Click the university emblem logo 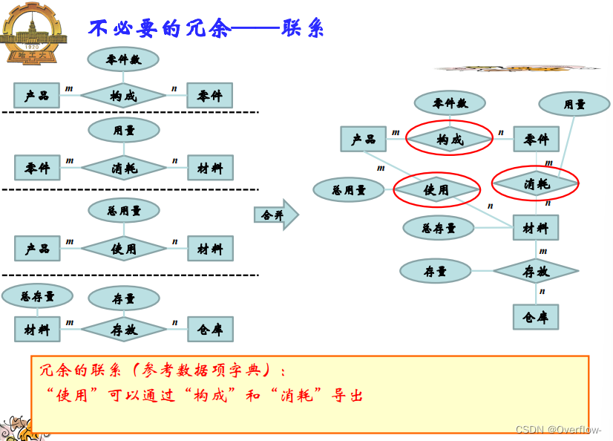tap(33, 33)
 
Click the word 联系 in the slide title tap(303, 28)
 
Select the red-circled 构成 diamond tap(449, 139)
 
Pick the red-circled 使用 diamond tap(436, 190)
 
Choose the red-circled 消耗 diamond tap(536, 183)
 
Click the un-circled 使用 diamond tap(124, 249)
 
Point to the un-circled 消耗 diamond tap(124, 169)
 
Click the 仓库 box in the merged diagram tap(535, 317)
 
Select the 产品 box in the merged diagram tap(363, 140)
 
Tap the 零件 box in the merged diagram tap(536, 140)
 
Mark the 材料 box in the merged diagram tap(535, 228)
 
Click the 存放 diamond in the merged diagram tap(535, 272)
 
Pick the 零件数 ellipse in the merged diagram tap(449, 103)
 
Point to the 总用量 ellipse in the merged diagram tap(348, 190)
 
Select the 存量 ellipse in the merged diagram tap(435, 272)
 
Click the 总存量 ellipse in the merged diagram tap(438, 228)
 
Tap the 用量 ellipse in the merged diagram tap(574, 104)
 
